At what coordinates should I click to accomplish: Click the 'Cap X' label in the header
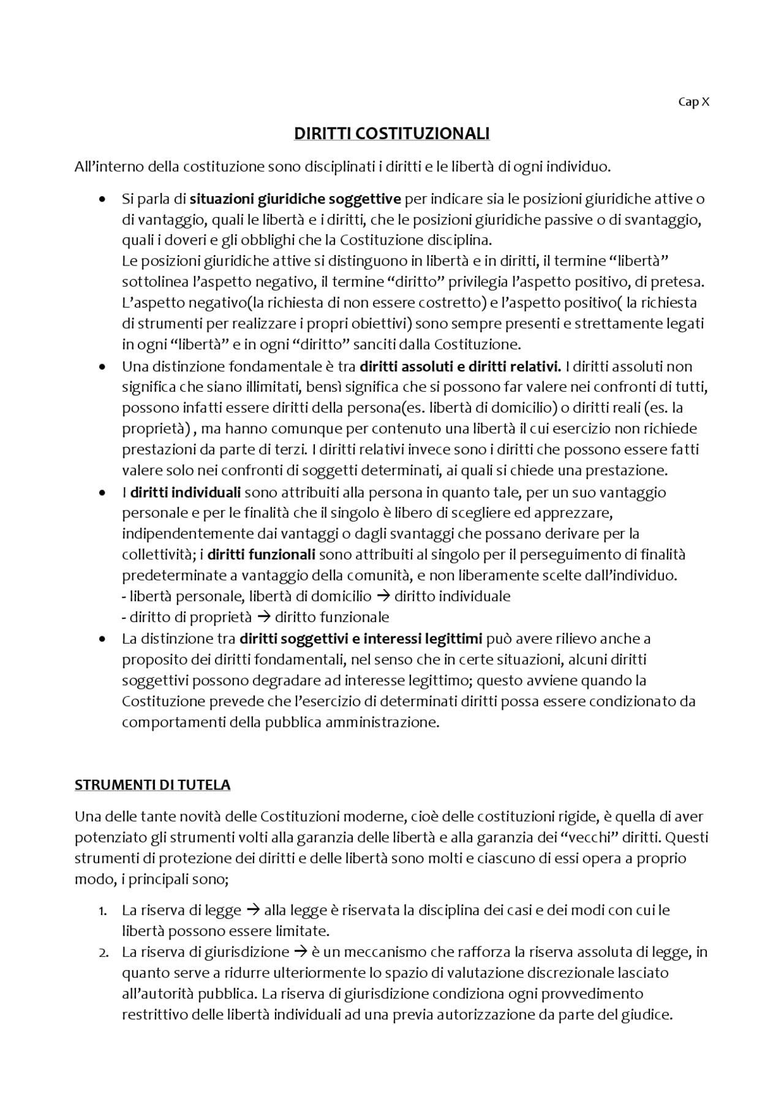[x=693, y=102]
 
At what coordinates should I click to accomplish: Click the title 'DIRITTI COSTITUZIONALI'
[x=392, y=134]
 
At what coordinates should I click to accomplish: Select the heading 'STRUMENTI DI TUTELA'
[x=153, y=785]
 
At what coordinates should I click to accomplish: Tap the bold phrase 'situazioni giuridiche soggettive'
[x=295, y=199]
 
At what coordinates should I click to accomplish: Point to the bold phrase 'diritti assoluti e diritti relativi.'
[x=461, y=367]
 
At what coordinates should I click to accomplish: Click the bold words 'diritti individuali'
[x=186, y=492]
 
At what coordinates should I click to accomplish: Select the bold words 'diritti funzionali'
[x=262, y=555]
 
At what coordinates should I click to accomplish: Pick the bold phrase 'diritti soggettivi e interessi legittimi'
[x=361, y=639]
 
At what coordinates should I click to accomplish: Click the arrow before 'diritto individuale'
[x=383, y=596]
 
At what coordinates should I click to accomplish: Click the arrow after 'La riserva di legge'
[x=252, y=910]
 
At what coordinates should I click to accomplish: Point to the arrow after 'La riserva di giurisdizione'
[x=300, y=952]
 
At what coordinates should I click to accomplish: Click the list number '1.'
[x=103, y=911]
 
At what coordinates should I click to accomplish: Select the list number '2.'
[x=103, y=952]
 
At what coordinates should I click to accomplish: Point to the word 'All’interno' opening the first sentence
[x=102, y=166]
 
